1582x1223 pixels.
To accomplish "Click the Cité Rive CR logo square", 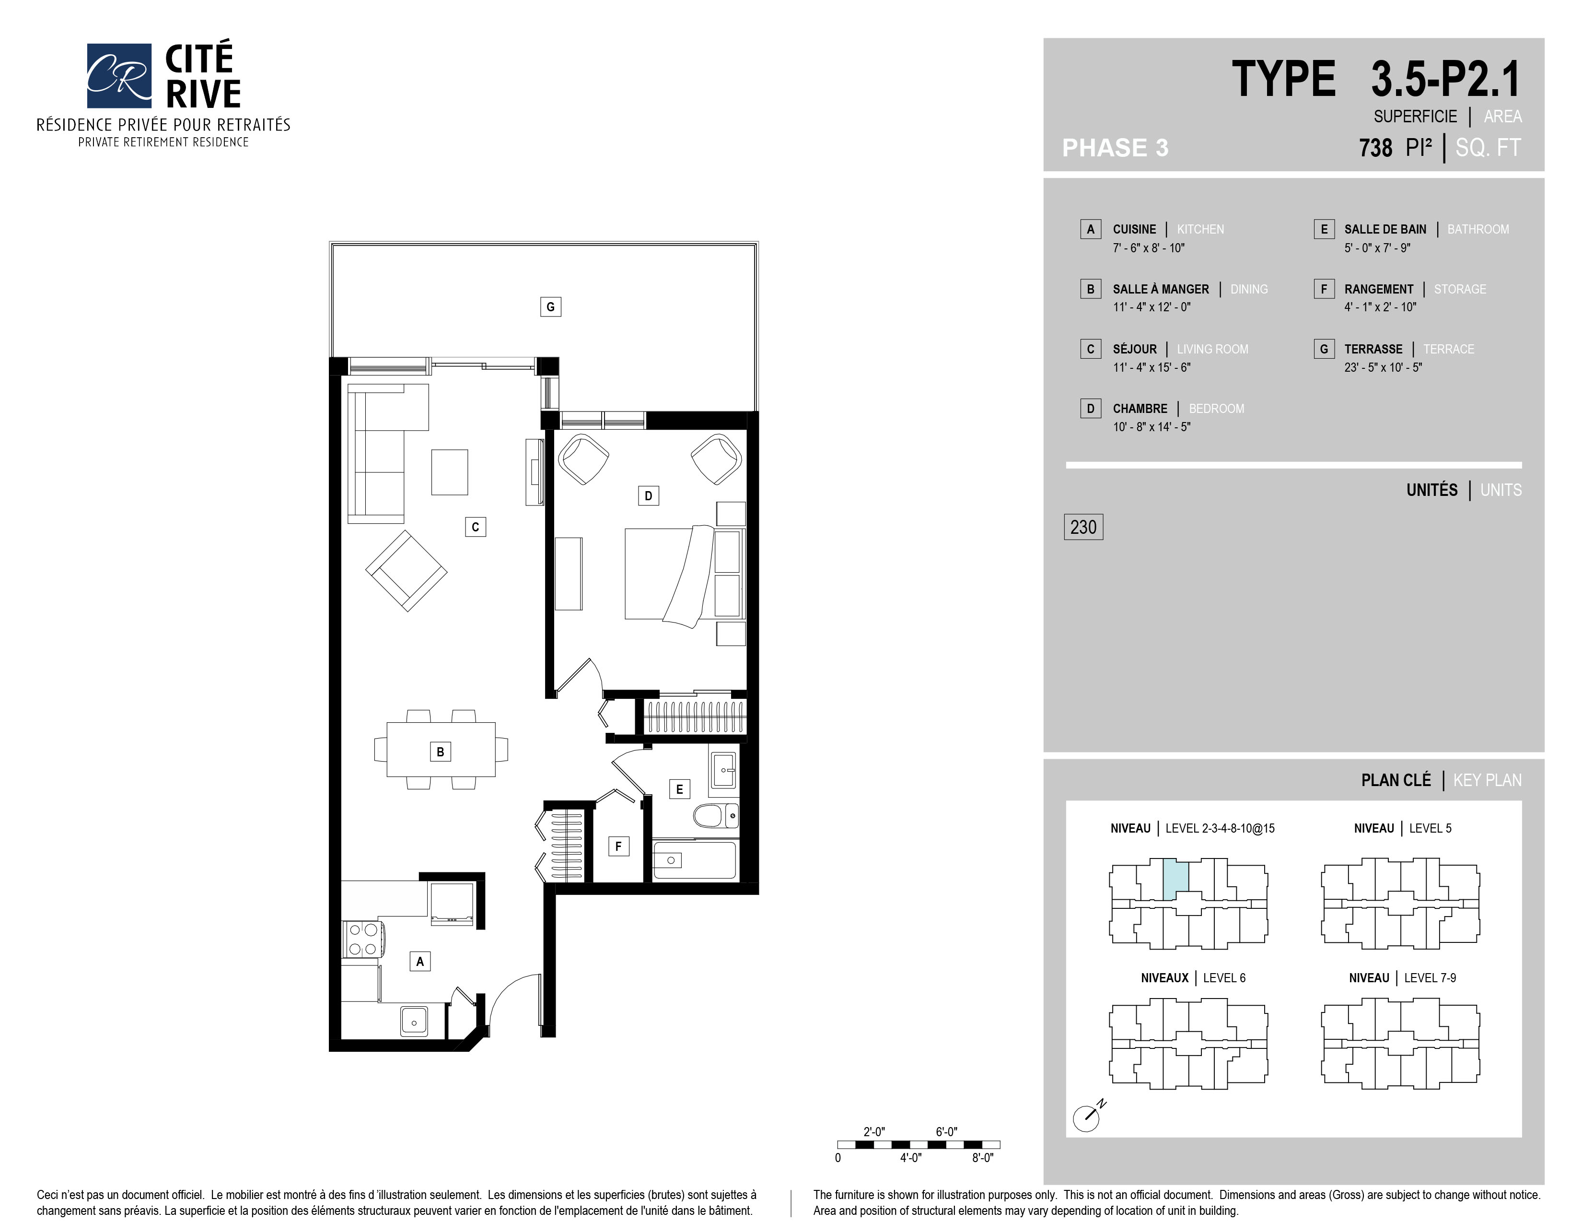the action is (x=119, y=75).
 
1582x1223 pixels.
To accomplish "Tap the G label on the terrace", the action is (x=550, y=306).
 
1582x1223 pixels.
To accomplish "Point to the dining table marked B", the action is (x=441, y=749).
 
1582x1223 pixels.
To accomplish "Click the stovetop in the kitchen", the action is (x=362, y=939).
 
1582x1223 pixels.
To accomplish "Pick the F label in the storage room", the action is (x=618, y=846).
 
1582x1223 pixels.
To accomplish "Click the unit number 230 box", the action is (x=1083, y=527).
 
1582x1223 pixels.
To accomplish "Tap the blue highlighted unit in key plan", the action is (x=1175, y=880).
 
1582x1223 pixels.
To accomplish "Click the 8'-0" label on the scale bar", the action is (x=982, y=1158).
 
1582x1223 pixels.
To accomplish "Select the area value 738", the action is (x=1375, y=148).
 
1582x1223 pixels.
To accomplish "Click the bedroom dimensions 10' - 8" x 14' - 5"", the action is (x=1152, y=427).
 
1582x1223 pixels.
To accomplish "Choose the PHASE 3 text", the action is (x=1115, y=148).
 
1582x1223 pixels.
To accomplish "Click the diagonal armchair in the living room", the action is (x=407, y=571).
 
